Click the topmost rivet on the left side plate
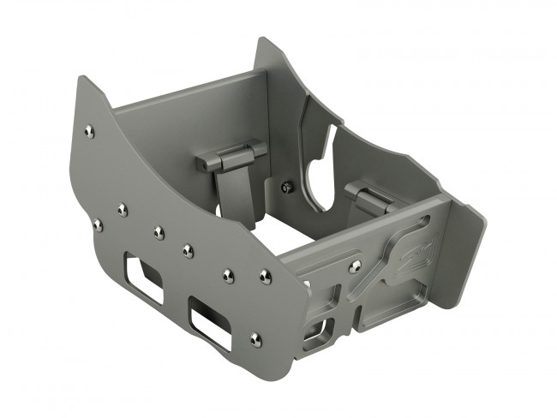tap(89, 130)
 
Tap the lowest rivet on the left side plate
tap(255, 339)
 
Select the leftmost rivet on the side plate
tap(98, 224)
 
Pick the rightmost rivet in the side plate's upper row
tap(265, 276)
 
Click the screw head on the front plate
tap(355, 267)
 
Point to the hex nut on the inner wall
tap(286, 185)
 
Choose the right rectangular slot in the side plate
tap(211, 319)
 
